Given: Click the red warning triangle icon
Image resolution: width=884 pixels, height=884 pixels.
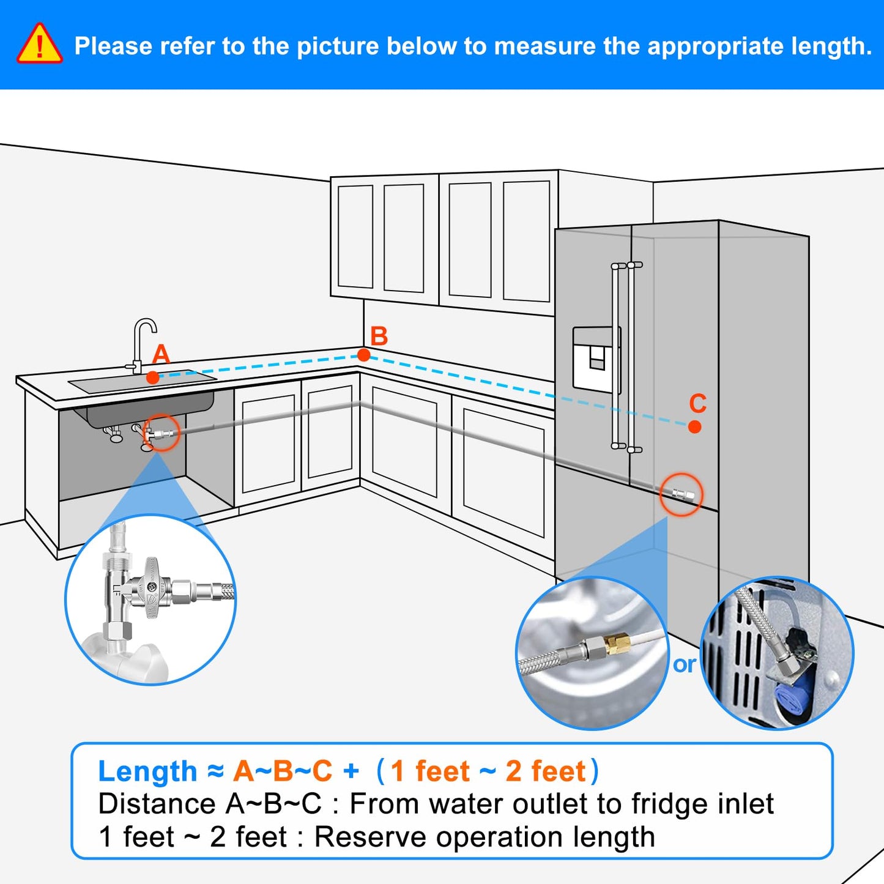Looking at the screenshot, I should click(39, 45).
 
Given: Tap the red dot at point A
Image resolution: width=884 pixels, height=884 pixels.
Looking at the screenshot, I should click(153, 377).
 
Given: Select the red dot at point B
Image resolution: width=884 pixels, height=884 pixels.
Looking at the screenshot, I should click(363, 355).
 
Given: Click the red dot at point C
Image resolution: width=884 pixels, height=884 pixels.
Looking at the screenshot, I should click(694, 426).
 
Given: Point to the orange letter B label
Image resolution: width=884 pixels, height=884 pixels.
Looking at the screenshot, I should click(379, 336).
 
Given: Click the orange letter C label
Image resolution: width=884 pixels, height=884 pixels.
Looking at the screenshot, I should click(697, 404).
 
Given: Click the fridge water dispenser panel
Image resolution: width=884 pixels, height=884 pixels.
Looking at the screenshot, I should click(596, 359).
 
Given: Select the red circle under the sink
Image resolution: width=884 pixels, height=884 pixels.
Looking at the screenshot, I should click(162, 433).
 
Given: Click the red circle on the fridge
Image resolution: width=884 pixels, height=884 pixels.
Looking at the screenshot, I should click(681, 494).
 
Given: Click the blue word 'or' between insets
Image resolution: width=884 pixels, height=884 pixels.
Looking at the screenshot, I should click(684, 664).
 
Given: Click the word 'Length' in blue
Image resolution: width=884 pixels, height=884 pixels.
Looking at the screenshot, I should click(147, 771).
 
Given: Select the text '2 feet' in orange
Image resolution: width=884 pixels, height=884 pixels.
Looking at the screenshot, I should click(546, 771).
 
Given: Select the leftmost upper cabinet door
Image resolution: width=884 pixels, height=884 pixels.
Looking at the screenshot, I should click(355, 236).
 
